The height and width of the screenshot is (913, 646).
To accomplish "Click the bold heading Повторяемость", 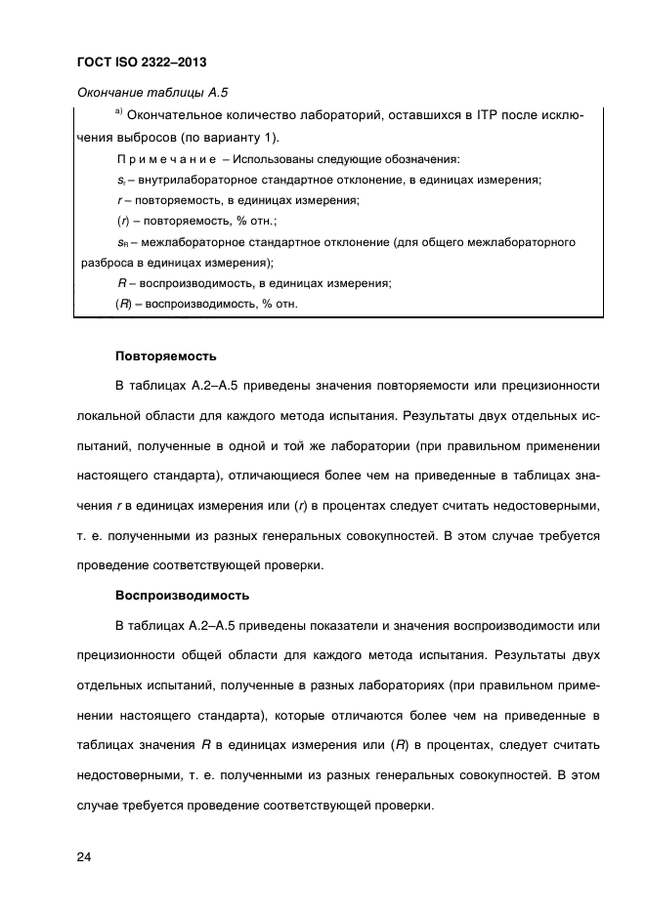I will click(165, 355).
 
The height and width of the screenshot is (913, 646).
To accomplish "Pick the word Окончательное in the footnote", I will click(176, 117).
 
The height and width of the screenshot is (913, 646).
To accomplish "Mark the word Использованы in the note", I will click(272, 159).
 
